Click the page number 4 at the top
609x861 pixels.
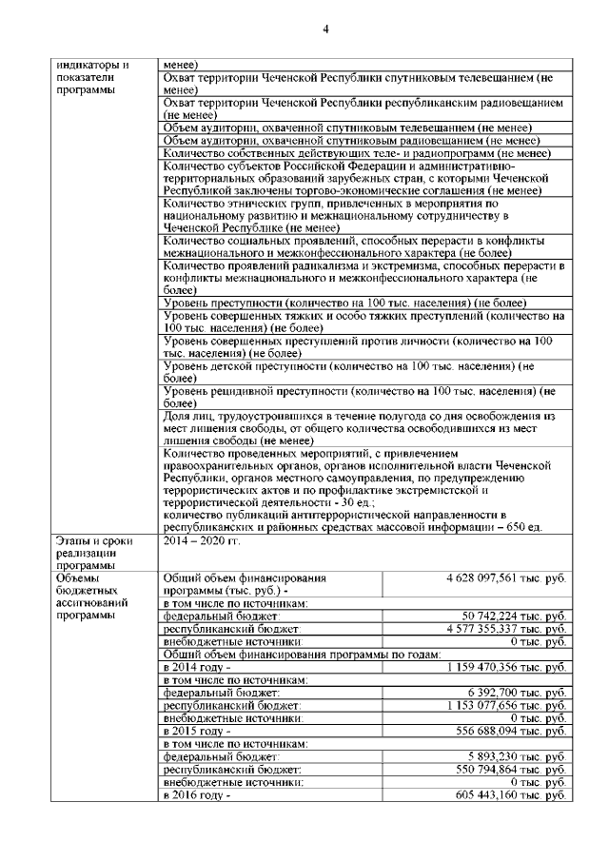tap(324, 27)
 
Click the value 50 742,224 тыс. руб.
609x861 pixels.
tap(515, 616)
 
